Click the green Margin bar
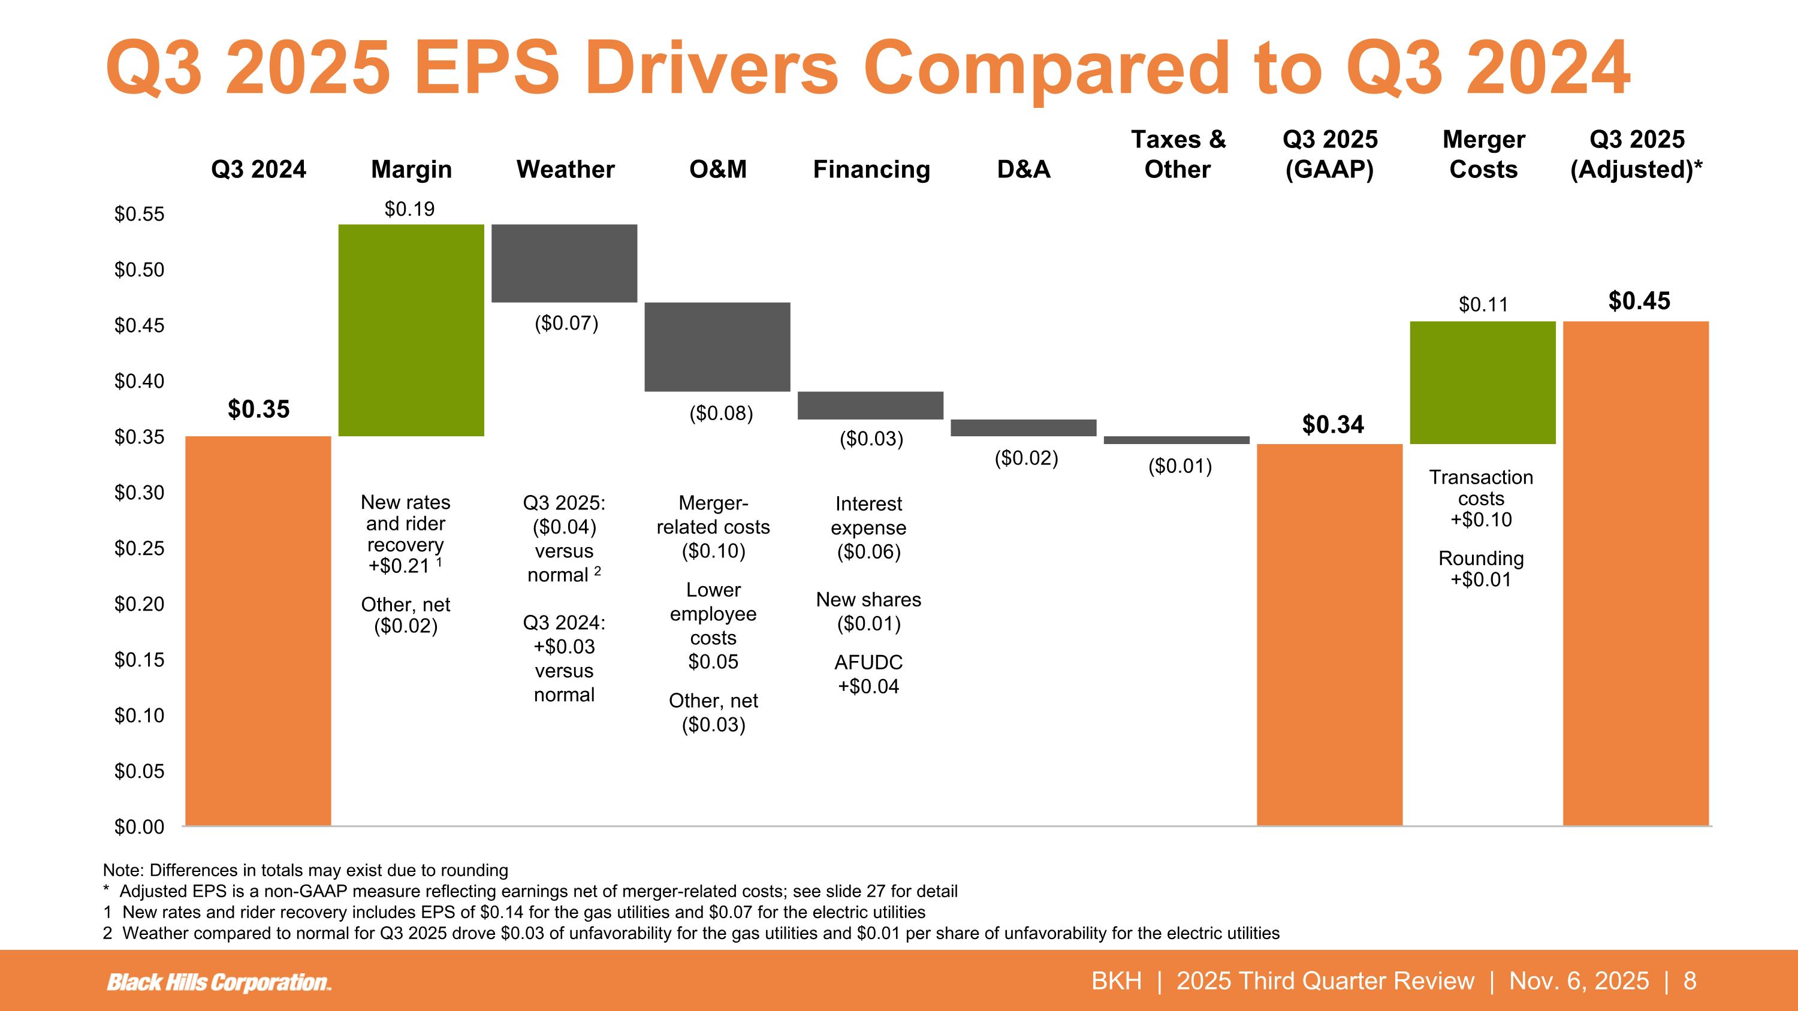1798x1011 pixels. click(411, 330)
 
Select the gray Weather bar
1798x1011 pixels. click(564, 263)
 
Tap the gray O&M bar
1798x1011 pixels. click(717, 347)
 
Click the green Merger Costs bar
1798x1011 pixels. click(1483, 382)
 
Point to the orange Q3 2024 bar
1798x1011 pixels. click(258, 630)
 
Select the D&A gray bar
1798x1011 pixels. click(1023, 428)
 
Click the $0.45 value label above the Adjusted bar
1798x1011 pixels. click(1639, 301)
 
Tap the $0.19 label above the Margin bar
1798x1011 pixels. click(410, 209)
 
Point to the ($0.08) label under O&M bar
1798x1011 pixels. click(720, 414)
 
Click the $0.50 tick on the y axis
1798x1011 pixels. click(140, 269)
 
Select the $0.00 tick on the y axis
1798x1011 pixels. click(140, 827)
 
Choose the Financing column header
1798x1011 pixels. click(871, 170)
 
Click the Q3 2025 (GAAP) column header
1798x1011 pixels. click(1330, 155)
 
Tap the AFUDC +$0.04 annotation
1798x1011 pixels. click(868, 674)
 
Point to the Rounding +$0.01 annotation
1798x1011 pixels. click(1481, 569)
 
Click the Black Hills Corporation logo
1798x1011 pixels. click(219, 982)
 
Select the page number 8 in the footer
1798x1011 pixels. click(1690, 981)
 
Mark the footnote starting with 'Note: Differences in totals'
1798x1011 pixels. click(305, 870)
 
